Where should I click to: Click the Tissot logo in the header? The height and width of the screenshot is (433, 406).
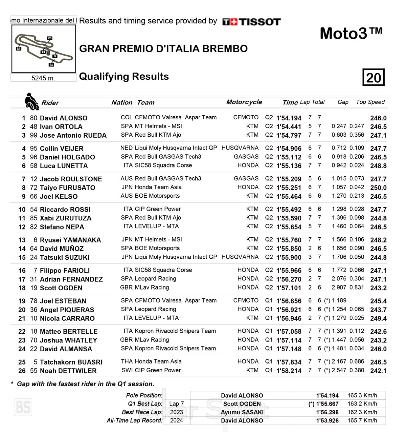pyautogui.click(x=251, y=22)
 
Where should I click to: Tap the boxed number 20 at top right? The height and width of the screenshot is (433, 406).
pyautogui.click(x=374, y=78)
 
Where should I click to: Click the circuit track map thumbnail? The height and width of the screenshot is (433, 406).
pyautogui.click(x=44, y=48)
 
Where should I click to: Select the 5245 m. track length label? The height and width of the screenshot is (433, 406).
pyautogui.click(x=43, y=78)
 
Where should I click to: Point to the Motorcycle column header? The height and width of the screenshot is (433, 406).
pyautogui.click(x=244, y=102)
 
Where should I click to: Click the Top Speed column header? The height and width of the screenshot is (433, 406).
pyautogui.click(x=370, y=102)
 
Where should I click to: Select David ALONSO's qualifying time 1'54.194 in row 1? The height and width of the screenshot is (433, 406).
pyautogui.click(x=289, y=118)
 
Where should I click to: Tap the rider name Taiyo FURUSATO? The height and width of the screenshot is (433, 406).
pyautogui.click(x=67, y=188)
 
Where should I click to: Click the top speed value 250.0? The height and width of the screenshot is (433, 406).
pyautogui.click(x=378, y=188)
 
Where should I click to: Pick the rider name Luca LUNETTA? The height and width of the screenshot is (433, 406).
pyautogui.click(x=64, y=166)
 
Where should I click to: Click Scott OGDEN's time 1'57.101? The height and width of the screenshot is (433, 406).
pyautogui.click(x=289, y=288)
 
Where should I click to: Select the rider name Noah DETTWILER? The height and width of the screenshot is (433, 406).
pyautogui.click(x=68, y=371)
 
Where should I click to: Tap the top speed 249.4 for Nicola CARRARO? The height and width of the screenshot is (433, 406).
pyautogui.click(x=378, y=318)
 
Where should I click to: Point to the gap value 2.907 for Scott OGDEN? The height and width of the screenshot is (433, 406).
pyautogui.click(x=339, y=288)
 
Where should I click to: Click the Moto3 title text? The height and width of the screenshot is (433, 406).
pyautogui.click(x=351, y=34)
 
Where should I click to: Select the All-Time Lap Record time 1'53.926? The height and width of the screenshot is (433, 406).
pyautogui.click(x=327, y=420)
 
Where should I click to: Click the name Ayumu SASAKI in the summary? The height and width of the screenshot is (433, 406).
pyautogui.click(x=242, y=412)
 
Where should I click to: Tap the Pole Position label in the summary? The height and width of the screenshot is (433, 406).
pyautogui.click(x=144, y=395)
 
